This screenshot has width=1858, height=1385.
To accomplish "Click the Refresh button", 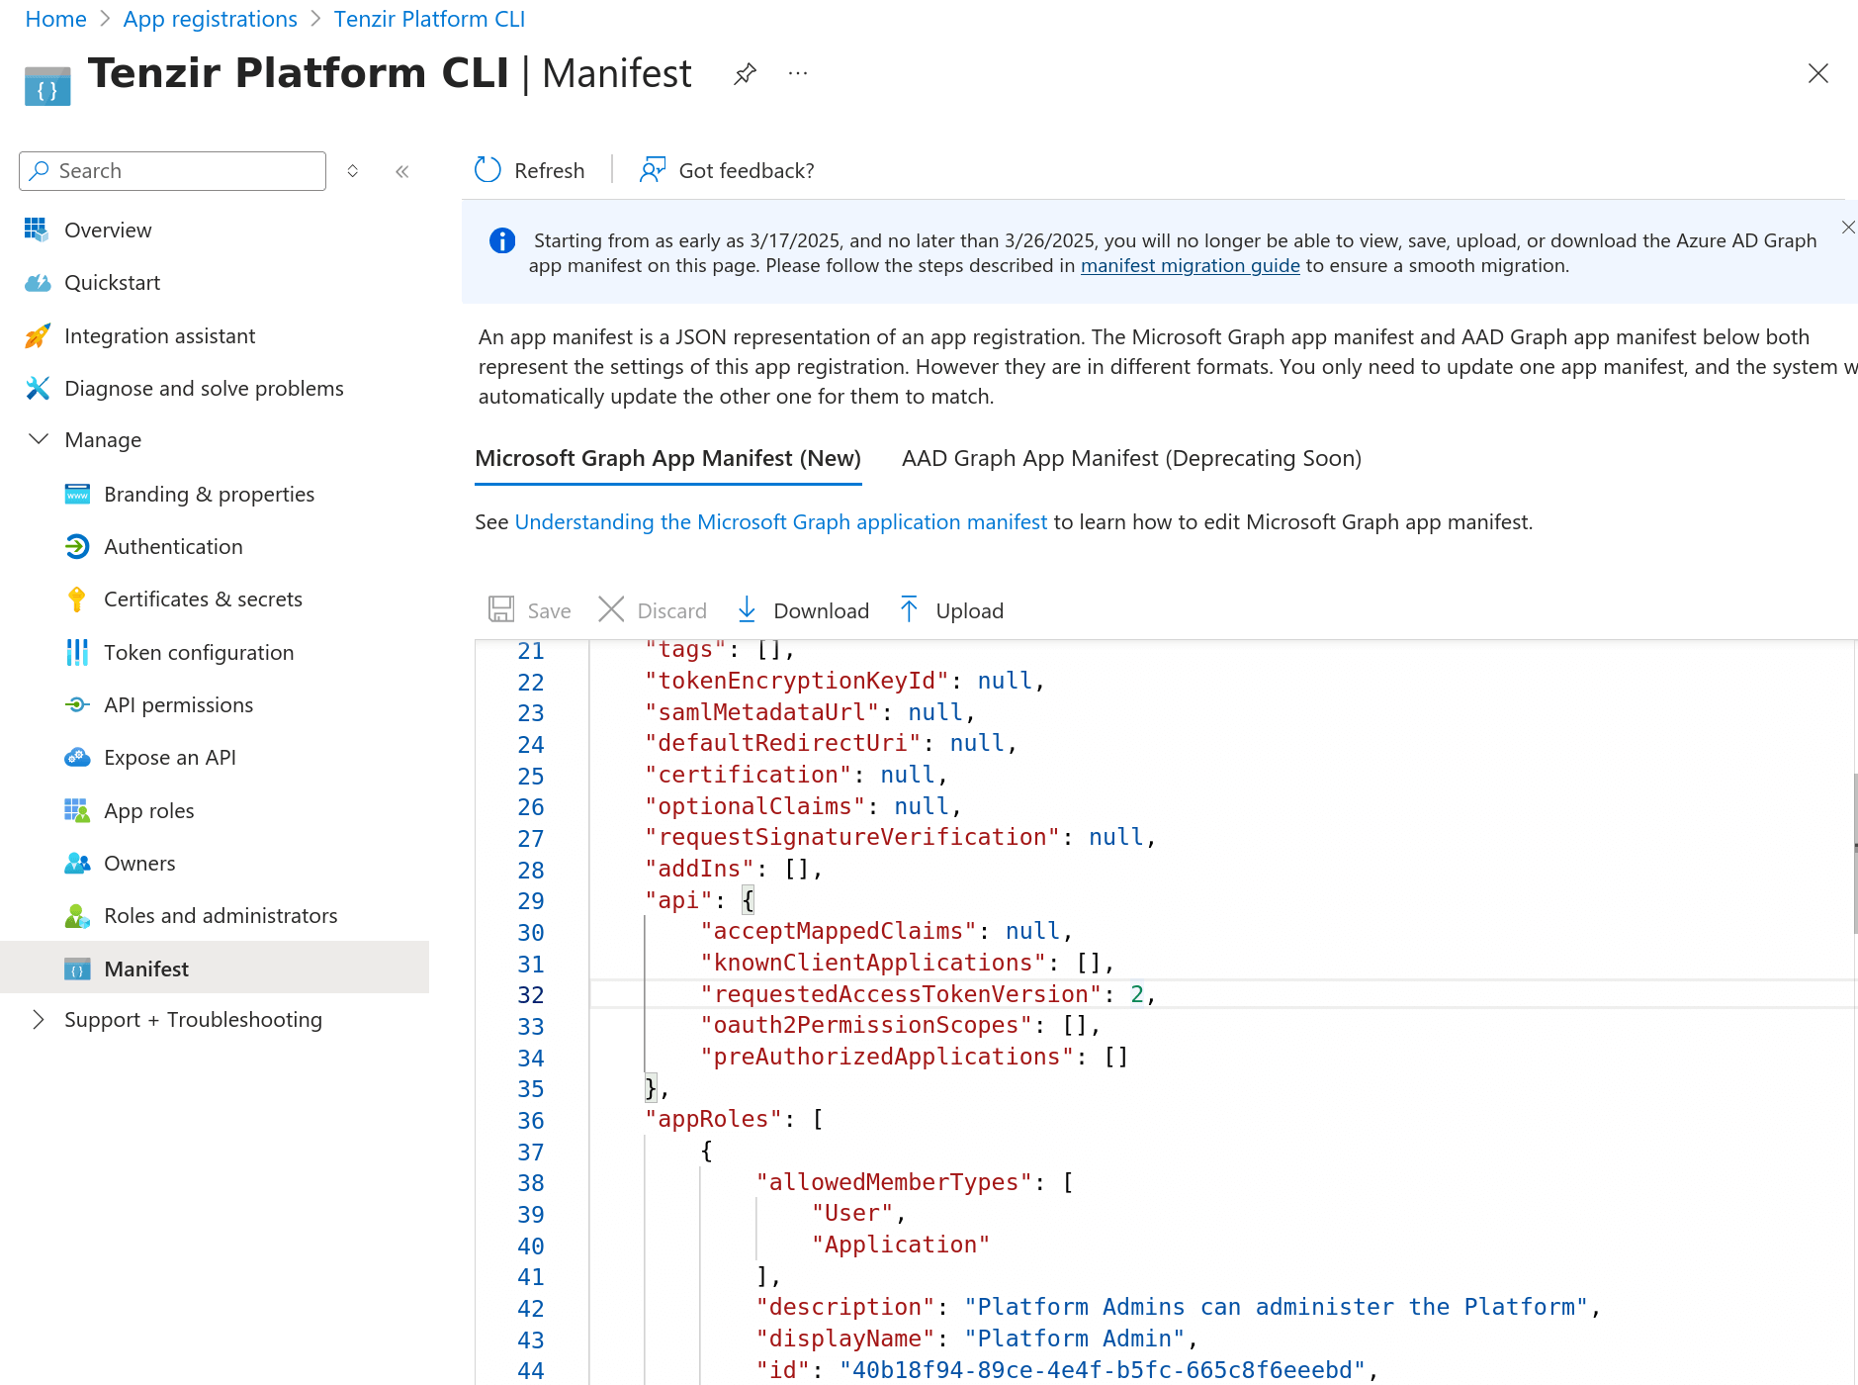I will pyautogui.click(x=530, y=170).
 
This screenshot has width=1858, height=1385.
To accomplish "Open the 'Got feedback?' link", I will pyautogui.click(x=728, y=170).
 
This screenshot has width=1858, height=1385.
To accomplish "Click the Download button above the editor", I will pyautogui.click(x=803, y=610).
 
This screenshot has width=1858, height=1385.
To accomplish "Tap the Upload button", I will pyautogui.click(x=951, y=610).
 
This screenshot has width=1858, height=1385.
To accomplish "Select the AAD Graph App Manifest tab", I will pyautogui.click(x=1131, y=458).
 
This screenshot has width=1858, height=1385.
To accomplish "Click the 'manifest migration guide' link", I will pyautogui.click(x=1190, y=265).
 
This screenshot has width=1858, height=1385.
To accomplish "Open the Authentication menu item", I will pyautogui.click(x=173, y=546).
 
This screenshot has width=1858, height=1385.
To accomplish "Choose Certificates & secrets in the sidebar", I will pyautogui.click(x=203, y=599).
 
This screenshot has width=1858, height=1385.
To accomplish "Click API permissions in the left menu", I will pyautogui.click(x=178, y=704).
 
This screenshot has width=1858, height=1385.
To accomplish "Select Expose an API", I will pyautogui.click(x=169, y=757).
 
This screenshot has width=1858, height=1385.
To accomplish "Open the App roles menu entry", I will pyautogui.click(x=148, y=810).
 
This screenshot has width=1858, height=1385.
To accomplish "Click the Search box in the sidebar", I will pyautogui.click(x=173, y=171).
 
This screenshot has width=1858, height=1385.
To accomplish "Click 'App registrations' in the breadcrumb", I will pyautogui.click(x=210, y=19).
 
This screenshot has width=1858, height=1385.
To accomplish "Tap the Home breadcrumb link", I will pyautogui.click(x=55, y=19).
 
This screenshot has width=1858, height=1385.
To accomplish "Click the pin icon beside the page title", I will pyautogui.click(x=745, y=74).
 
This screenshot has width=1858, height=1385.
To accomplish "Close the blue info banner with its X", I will pyautogui.click(x=1847, y=228).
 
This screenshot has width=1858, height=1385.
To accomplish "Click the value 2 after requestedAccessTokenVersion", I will pyautogui.click(x=1137, y=994).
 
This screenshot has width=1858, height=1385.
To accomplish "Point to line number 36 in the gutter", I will pyautogui.click(x=531, y=1121).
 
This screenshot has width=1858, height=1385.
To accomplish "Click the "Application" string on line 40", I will pyautogui.click(x=900, y=1245).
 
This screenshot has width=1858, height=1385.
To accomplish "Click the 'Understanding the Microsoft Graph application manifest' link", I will pyautogui.click(x=780, y=521).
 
